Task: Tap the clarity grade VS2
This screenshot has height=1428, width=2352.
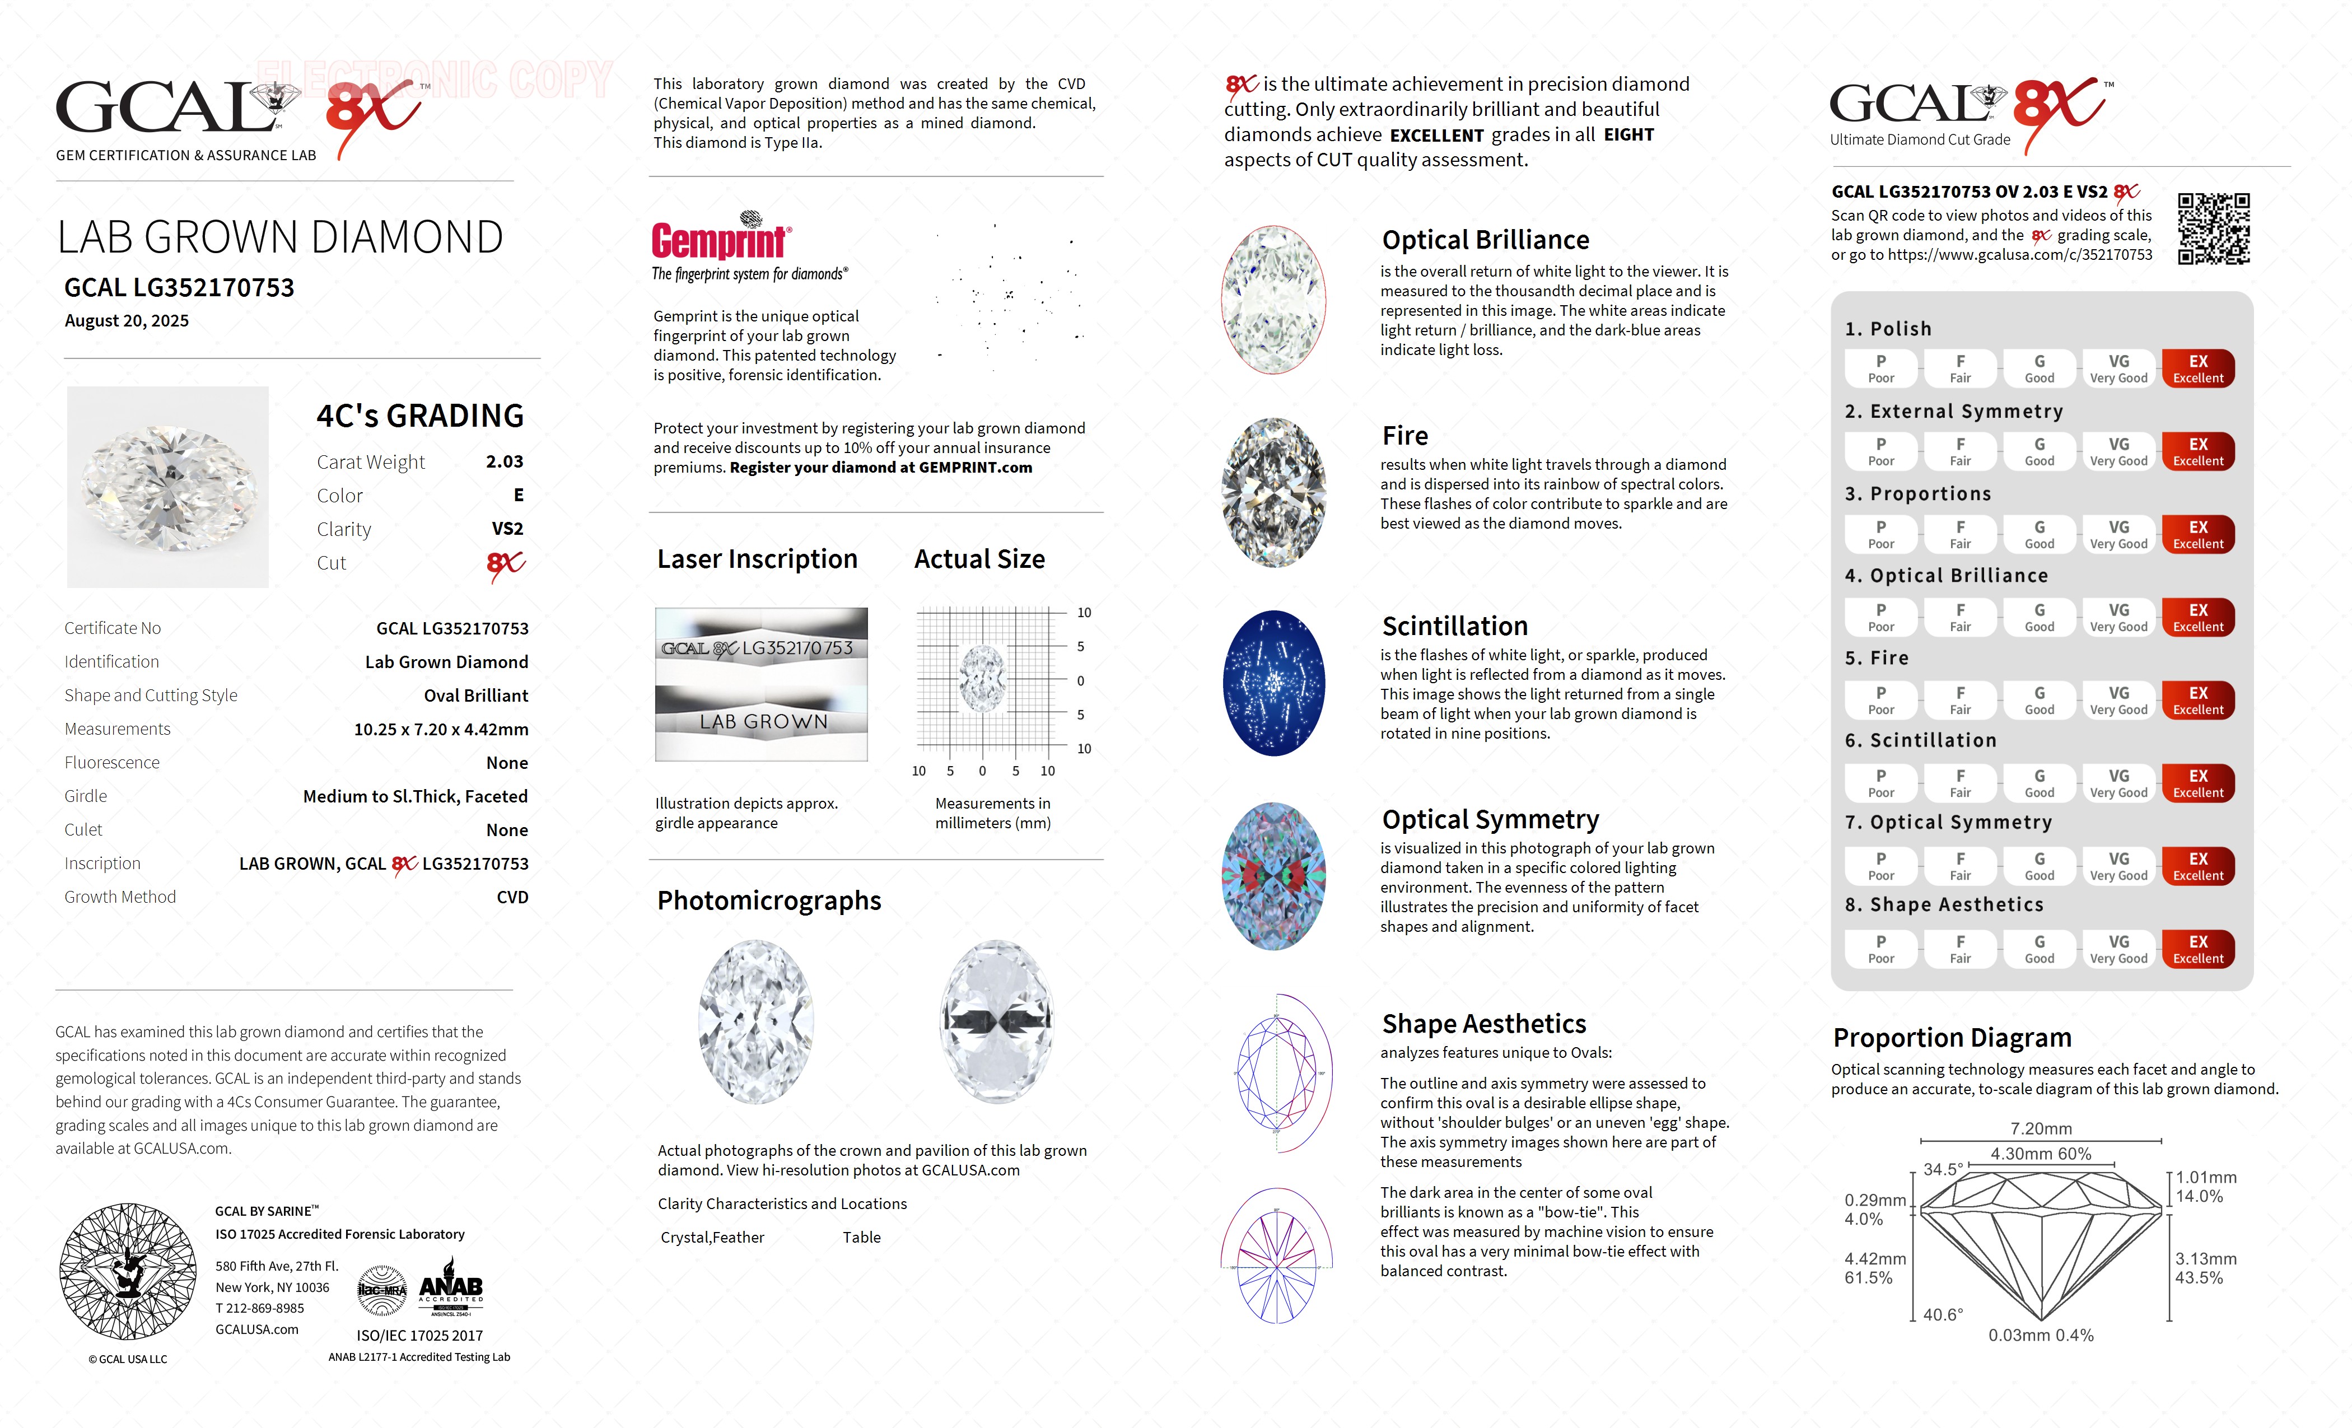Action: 507,529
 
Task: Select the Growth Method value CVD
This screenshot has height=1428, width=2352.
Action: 512,897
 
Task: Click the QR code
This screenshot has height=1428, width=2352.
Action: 2213,229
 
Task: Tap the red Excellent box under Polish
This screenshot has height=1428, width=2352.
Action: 2197,368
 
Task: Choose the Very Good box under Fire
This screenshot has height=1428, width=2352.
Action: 2118,699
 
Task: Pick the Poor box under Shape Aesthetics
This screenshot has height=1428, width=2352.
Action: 1880,949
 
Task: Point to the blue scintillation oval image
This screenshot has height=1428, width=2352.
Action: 1273,683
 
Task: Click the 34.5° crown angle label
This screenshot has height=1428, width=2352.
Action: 1943,1169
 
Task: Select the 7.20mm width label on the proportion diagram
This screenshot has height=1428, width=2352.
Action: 2041,1128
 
